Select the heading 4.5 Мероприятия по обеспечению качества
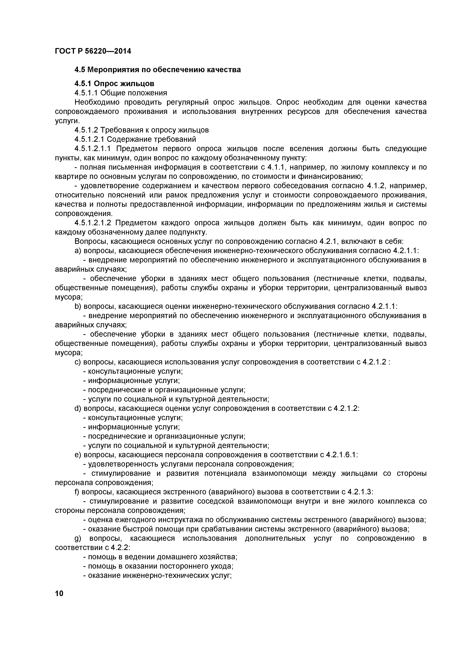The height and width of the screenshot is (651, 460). pos(157,70)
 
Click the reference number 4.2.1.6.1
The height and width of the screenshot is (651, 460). pos(342,455)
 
